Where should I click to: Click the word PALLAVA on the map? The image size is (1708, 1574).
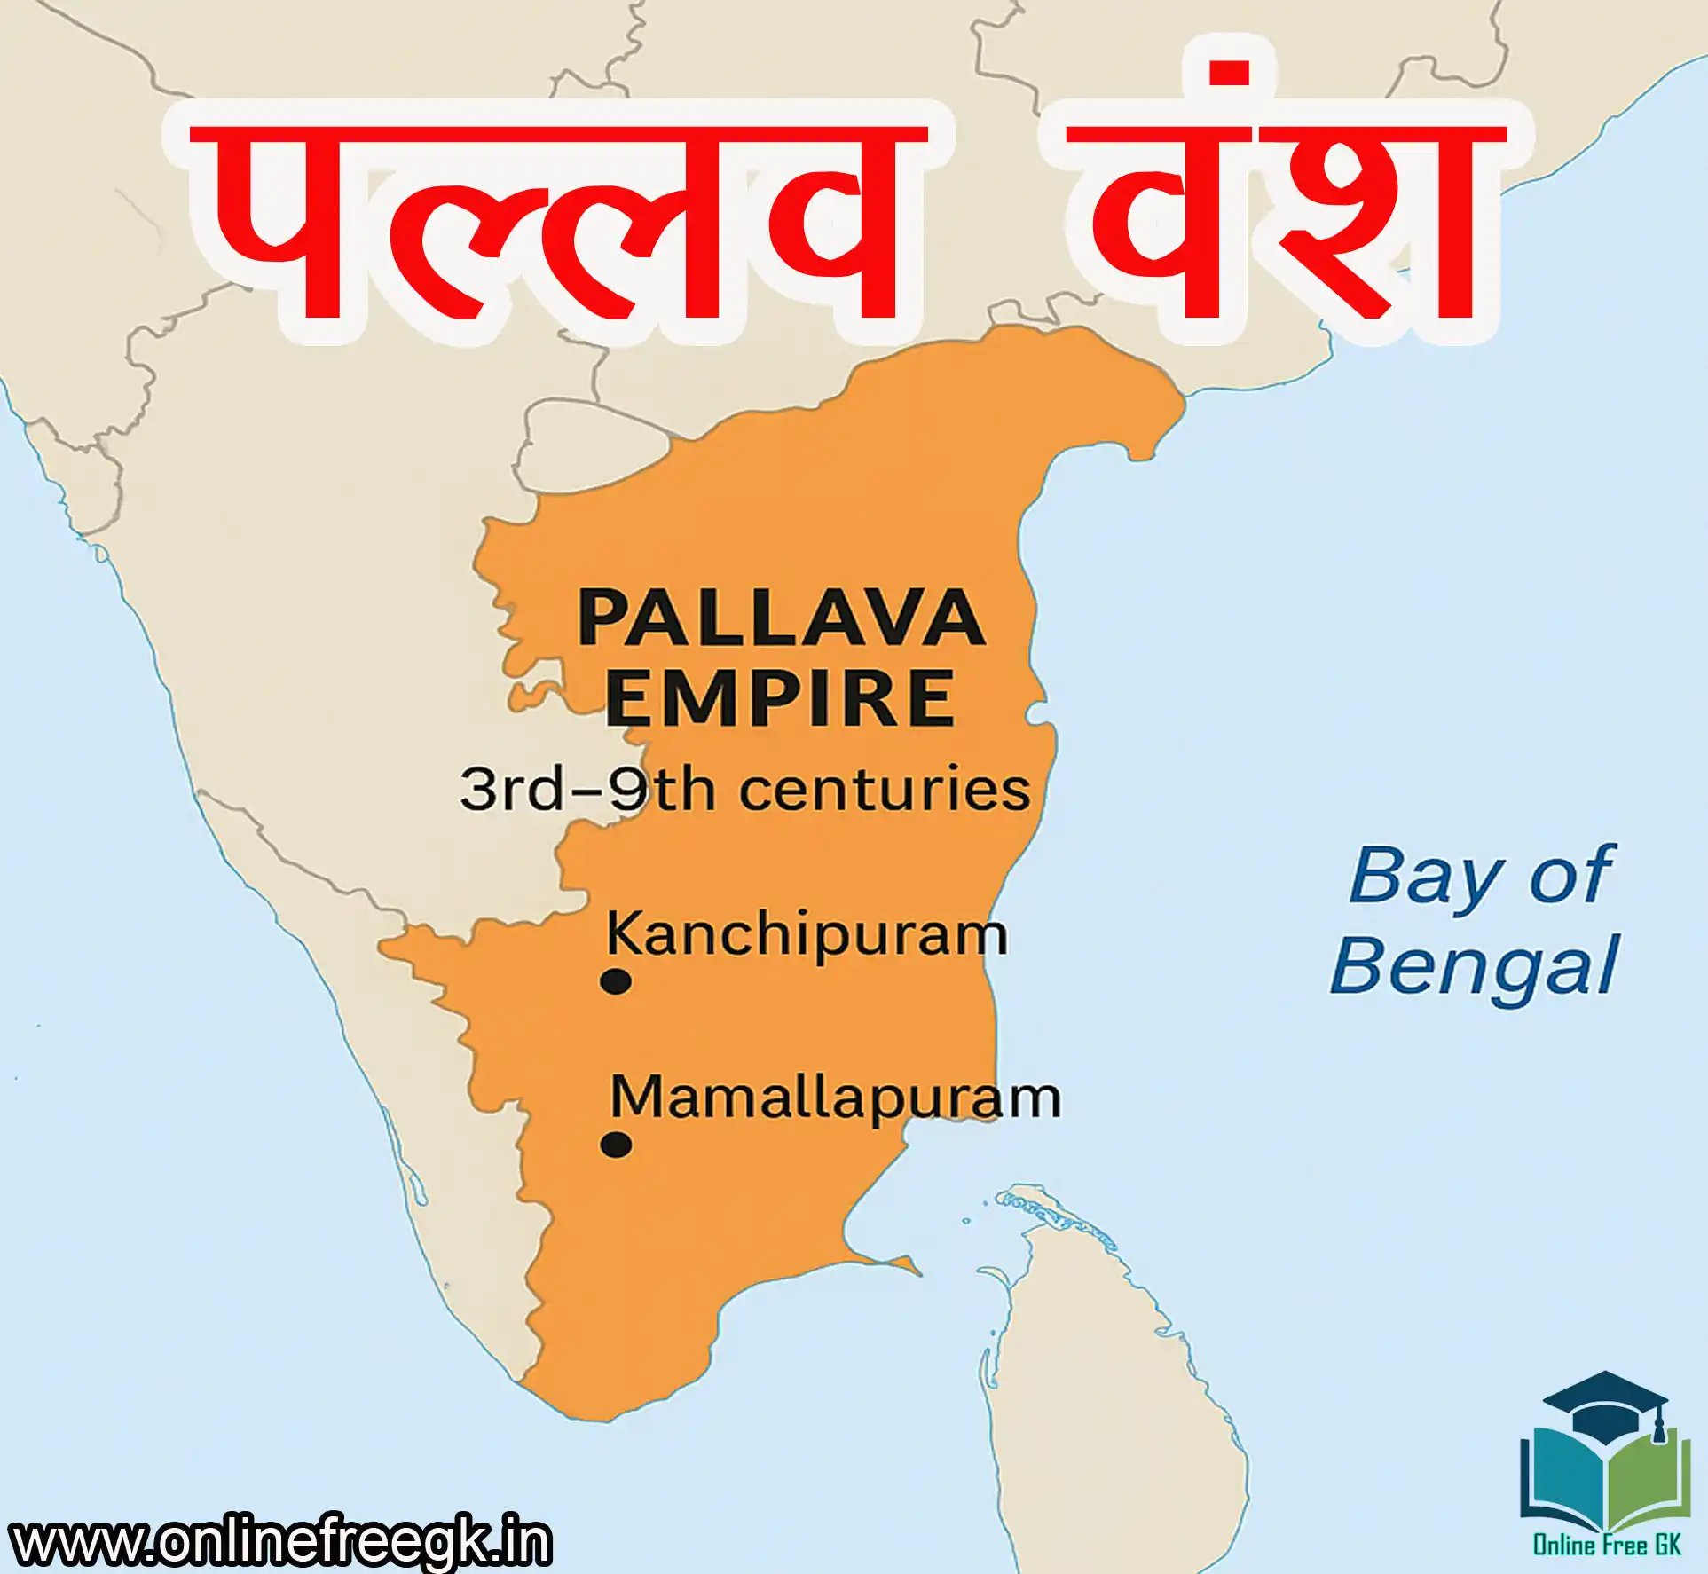pos(782,618)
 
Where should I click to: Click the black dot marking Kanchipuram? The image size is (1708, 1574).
pos(616,982)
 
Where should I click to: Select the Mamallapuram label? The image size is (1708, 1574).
pos(835,1098)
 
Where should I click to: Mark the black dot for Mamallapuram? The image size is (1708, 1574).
pos(616,1145)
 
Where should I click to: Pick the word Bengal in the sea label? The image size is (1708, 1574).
pos(1474,967)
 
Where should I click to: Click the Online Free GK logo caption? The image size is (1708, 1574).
pos(1607,1545)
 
